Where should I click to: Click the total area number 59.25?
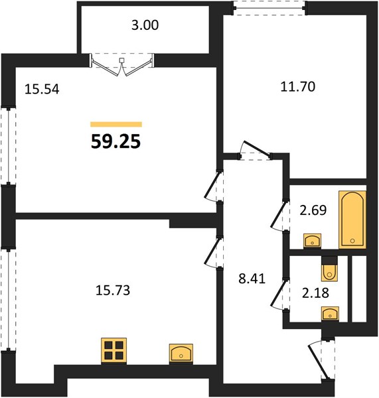[x=115, y=141]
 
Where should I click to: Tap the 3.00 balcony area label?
[x=145, y=25]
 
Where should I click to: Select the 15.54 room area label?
[x=42, y=90]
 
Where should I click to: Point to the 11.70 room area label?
[x=298, y=86]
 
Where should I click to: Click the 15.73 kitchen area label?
[x=113, y=291]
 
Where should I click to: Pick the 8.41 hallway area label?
[x=252, y=279]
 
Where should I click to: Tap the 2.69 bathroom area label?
[x=313, y=210]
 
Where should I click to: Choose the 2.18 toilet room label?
[x=315, y=293]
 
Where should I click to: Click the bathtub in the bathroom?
[x=352, y=220]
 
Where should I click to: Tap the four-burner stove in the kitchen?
[x=114, y=350]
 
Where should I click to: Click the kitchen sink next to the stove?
[x=181, y=353]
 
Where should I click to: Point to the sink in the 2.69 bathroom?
[x=312, y=240]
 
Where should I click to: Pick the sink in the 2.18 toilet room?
[x=330, y=313]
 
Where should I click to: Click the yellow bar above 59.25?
[x=116, y=124]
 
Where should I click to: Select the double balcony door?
[x=122, y=65]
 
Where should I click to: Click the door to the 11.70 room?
[x=255, y=151]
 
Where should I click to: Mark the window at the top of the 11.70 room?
[x=269, y=8]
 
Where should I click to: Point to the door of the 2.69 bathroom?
[x=280, y=216]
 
